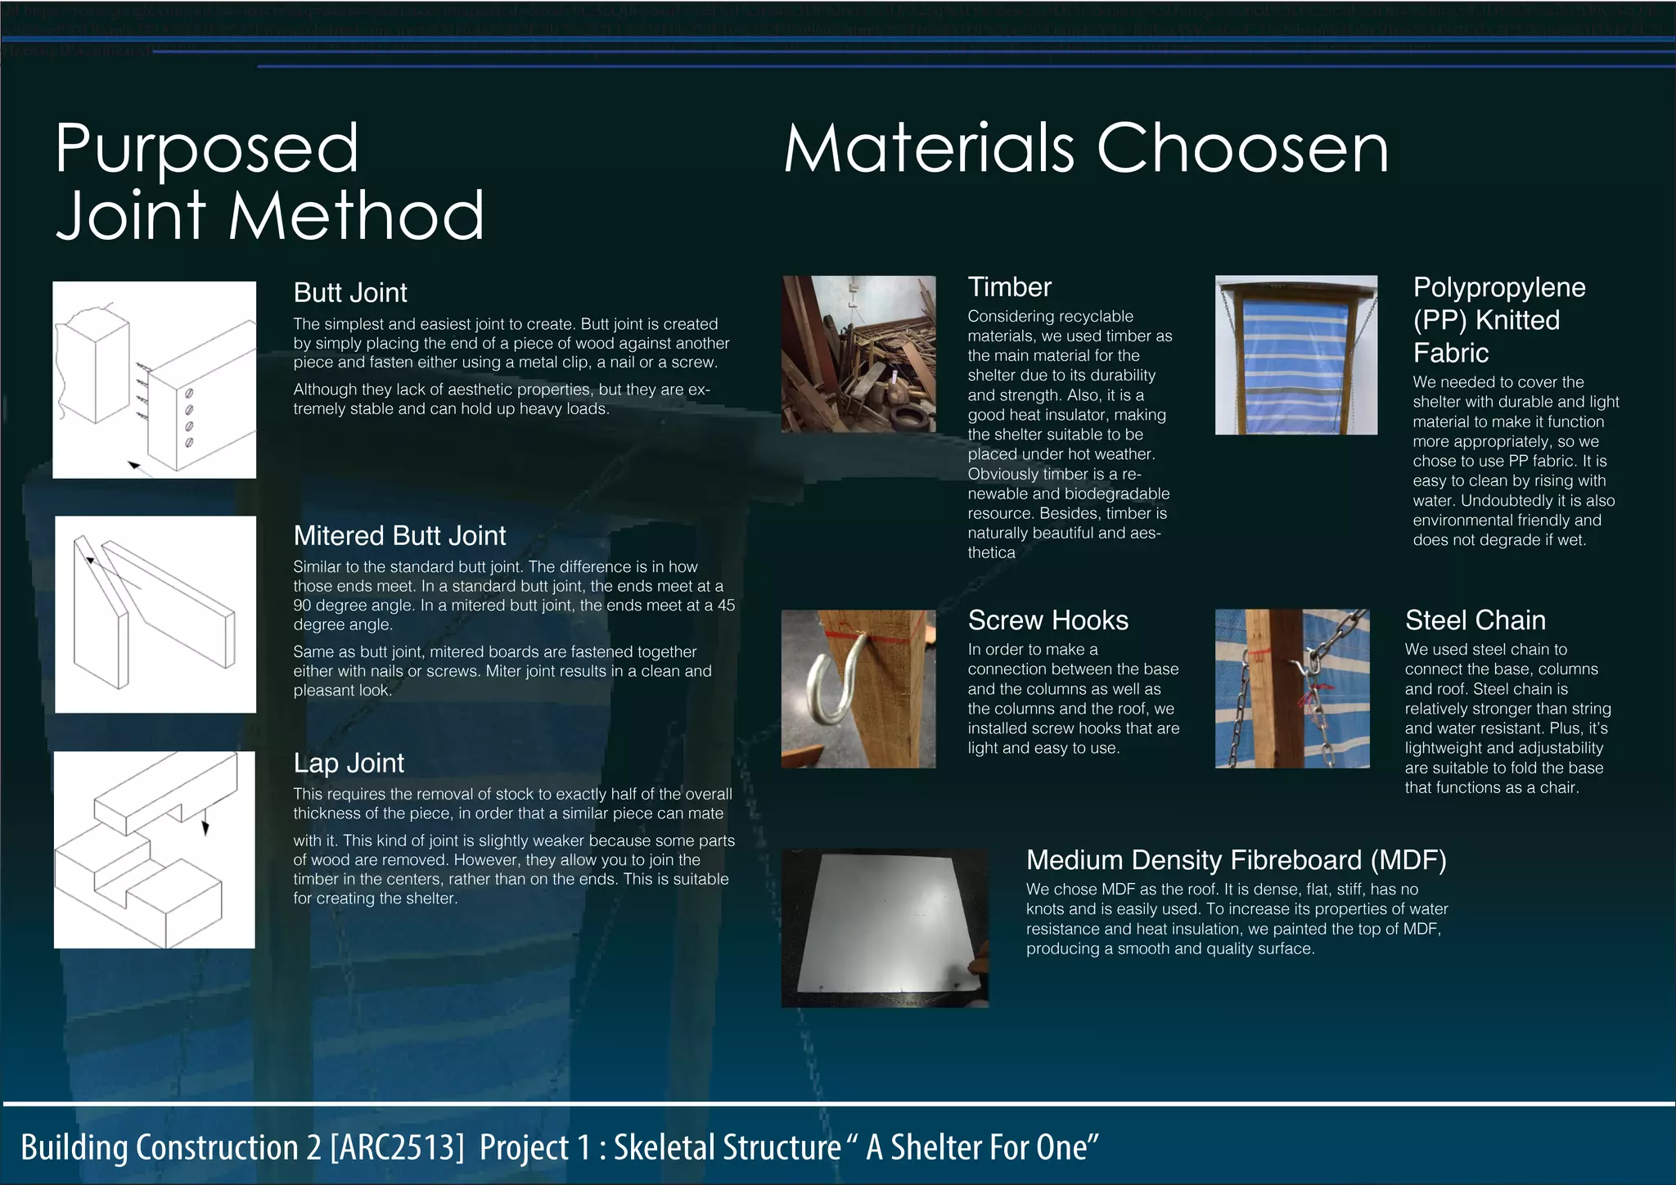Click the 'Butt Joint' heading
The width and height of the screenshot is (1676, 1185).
350,293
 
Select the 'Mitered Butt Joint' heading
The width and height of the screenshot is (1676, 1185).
399,536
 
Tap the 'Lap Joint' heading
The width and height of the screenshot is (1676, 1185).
349,764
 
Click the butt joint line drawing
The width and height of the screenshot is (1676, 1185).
155,380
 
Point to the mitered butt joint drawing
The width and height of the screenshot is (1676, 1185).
155,614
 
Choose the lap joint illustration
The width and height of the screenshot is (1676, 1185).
155,849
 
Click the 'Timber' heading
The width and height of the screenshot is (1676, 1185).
1009,287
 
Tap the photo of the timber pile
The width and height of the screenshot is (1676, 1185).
858,354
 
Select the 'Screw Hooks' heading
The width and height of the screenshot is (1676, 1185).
1047,620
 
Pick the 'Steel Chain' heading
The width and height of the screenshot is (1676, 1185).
1475,620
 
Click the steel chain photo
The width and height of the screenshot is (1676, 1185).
1292,688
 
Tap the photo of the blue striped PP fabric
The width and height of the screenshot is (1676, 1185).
1295,355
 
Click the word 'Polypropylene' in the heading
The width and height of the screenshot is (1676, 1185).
1499,287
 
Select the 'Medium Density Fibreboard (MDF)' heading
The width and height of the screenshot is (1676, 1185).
1236,860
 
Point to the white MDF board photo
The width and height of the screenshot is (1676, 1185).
885,927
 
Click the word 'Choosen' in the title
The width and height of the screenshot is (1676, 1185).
1241,149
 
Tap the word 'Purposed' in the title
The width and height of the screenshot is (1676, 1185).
207,149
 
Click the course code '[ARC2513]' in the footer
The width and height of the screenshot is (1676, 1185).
398,1147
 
